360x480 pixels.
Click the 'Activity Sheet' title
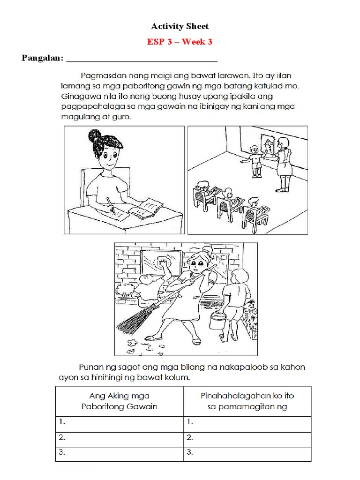pyautogui.click(x=180, y=26)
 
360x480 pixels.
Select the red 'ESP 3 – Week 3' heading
pyautogui.click(x=180, y=42)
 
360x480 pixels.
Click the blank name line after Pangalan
pyautogui.click(x=142, y=59)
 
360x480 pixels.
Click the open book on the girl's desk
pyautogui.click(x=146, y=209)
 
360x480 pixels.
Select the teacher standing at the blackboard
pyautogui.click(x=284, y=162)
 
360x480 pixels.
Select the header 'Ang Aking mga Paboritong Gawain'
pyautogui.click(x=119, y=401)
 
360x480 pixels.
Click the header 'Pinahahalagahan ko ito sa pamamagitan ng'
pyautogui.click(x=247, y=401)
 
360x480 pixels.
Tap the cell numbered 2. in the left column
pyautogui.click(x=119, y=438)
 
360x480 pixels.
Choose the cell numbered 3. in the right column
pyautogui.click(x=247, y=453)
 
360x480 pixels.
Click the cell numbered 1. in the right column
pyautogui.click(x=247, y=422)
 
